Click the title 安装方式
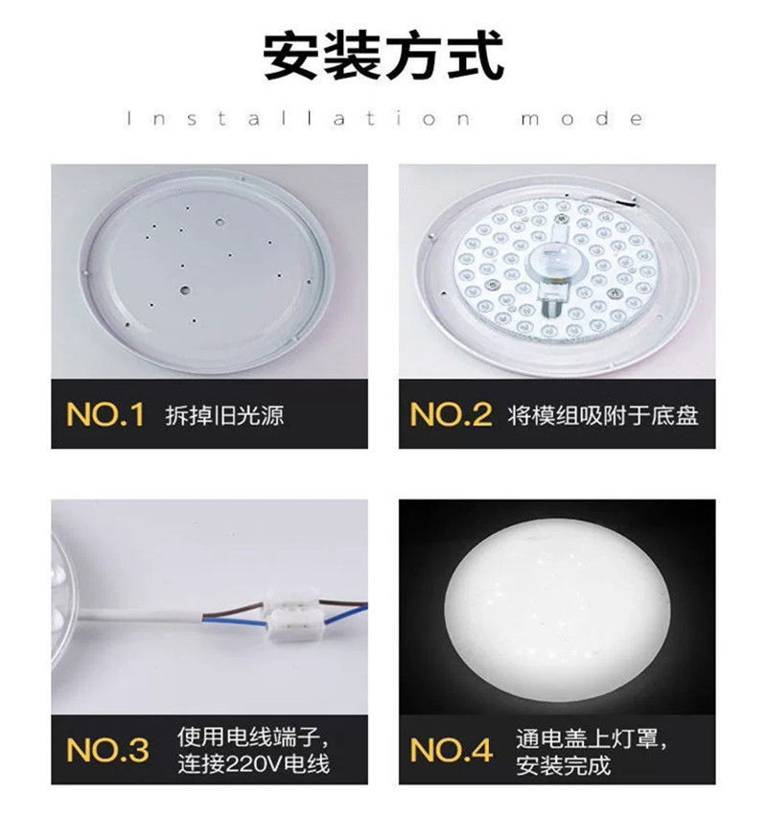383,57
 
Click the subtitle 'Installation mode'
383,120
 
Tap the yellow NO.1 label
105,414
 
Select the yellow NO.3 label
107,751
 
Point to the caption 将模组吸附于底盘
604,415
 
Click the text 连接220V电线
253,764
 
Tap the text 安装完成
563,765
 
